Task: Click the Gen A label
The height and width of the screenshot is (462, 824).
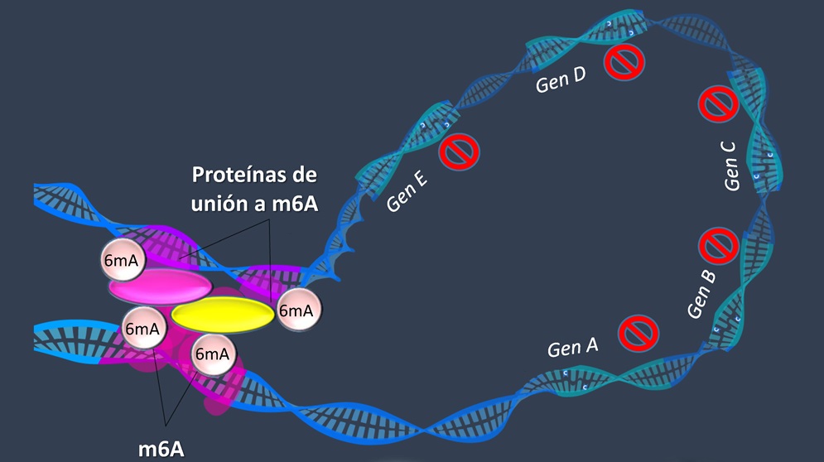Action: click(573, 348)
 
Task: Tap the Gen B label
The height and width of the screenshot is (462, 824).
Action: click(701, 294)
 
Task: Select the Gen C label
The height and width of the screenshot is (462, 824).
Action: click(731, 166)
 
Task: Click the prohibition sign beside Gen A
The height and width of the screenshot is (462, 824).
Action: click(638, 333)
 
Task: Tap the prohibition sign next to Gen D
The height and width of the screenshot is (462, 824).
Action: click(624, 62)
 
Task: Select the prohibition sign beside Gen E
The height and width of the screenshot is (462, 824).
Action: click(460, 152)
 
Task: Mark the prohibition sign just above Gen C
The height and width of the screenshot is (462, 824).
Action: click(718, 104)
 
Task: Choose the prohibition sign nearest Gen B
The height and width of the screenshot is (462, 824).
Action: click(719, 245)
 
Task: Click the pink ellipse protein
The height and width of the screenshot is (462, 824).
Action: click(161, 287)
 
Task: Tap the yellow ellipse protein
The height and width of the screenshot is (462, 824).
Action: click(223, 315)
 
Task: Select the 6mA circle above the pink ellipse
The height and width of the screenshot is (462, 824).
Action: click(122, 260)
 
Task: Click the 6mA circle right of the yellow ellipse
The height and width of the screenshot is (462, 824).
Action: click(297, 310)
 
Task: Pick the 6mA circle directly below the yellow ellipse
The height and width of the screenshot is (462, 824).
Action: click(212, 354)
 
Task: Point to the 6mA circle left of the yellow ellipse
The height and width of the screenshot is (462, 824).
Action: click(143, 329)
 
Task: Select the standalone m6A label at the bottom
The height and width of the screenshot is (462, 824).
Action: click(161, 450)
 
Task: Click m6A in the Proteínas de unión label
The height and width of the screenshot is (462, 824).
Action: click(295, 204)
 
